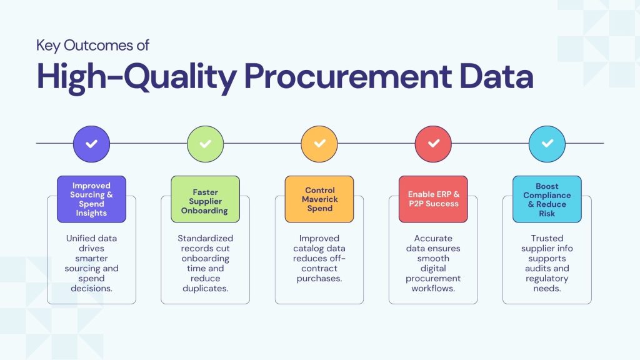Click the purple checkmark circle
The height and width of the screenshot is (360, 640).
tap(91, 144)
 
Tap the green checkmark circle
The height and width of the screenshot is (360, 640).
tap(205, 144)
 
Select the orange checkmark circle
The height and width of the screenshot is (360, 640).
tap(319, 144)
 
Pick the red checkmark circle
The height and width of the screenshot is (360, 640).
tap(433, 144)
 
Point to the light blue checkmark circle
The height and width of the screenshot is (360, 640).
tap(547, 144)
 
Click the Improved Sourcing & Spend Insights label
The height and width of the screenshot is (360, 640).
tap(91, 199)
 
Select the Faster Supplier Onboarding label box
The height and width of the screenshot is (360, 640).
tap(205, 199)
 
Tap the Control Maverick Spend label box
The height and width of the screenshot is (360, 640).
tap(319, 199)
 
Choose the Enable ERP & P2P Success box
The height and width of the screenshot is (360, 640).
tap(433, 199)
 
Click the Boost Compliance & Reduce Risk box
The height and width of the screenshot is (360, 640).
tap(547, 199)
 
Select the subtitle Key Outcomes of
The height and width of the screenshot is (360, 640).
tap(92, 46)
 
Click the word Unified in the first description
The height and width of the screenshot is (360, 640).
tap(83, 238)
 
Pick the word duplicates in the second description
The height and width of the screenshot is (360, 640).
tap(205, 288)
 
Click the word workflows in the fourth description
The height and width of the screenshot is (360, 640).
tap(433, 288)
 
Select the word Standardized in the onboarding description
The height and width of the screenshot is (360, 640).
tap(205, 238)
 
